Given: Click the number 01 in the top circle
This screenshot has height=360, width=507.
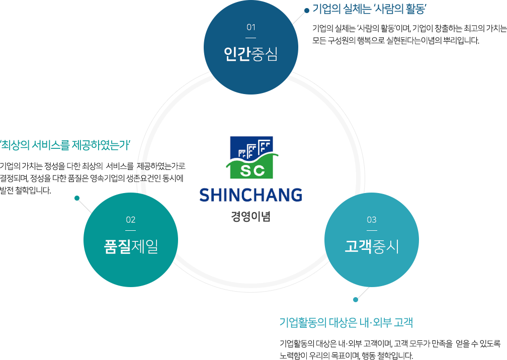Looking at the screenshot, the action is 251,27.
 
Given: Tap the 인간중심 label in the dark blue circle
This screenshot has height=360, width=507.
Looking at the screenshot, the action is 251,54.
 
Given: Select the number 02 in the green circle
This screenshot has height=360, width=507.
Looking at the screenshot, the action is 131,220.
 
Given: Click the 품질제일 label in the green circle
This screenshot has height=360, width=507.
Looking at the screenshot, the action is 131,246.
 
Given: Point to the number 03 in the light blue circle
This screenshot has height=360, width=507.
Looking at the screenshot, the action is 372,220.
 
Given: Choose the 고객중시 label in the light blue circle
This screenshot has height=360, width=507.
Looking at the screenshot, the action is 372,246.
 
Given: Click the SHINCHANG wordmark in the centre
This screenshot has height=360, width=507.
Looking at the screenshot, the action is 250,195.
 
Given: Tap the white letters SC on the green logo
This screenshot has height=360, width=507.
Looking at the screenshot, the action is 252,170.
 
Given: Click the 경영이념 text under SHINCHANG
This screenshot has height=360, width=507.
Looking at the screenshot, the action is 250,217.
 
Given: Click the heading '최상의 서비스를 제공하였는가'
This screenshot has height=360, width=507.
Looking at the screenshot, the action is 65,145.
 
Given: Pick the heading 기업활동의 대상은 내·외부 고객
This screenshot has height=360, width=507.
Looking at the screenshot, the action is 346,322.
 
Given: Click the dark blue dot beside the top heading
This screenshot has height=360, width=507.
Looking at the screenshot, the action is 306,11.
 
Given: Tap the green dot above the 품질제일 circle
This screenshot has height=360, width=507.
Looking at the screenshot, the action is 77,198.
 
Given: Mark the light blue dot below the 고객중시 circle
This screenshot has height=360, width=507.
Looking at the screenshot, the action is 356,300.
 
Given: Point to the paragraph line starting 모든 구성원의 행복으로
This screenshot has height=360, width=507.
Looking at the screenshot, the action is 395,41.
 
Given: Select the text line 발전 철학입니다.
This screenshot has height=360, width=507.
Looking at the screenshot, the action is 26,191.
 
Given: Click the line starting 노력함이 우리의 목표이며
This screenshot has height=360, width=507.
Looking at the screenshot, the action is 346,356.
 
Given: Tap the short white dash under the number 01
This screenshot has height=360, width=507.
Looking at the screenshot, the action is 251,38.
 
